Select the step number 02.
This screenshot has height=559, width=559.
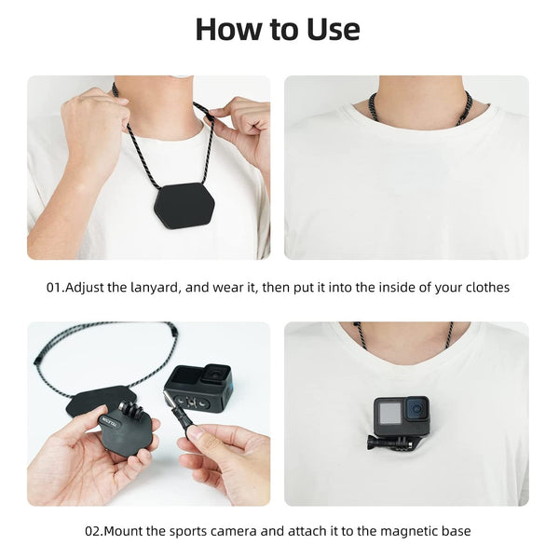tap(94, 531)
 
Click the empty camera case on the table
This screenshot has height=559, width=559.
tap(198, 387)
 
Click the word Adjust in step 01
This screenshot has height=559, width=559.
tap(89, 288)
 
